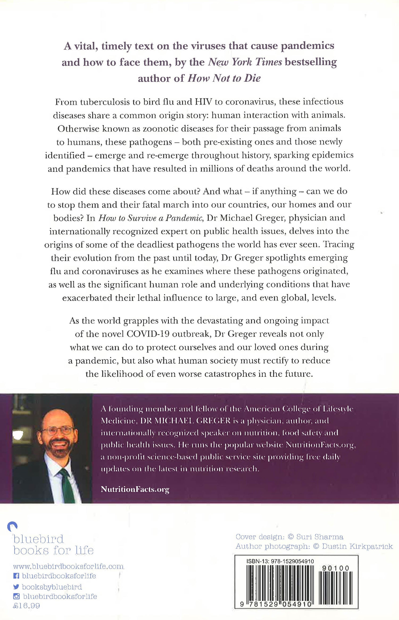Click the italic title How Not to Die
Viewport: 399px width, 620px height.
click(224, 78)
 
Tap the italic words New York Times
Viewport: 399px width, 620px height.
click(245, 62)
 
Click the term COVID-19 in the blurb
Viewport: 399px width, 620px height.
click(148, 334)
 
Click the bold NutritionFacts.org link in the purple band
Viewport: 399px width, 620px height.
click(135, 489)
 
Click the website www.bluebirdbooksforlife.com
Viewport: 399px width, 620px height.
click(68, 566)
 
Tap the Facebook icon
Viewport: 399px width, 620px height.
click(16, 576)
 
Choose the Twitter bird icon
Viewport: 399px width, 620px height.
click(16, 587)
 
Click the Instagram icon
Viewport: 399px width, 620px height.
click(16, 596)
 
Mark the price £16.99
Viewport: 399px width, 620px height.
click(26, 606)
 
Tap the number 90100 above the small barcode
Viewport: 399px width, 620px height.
click(335, 568)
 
